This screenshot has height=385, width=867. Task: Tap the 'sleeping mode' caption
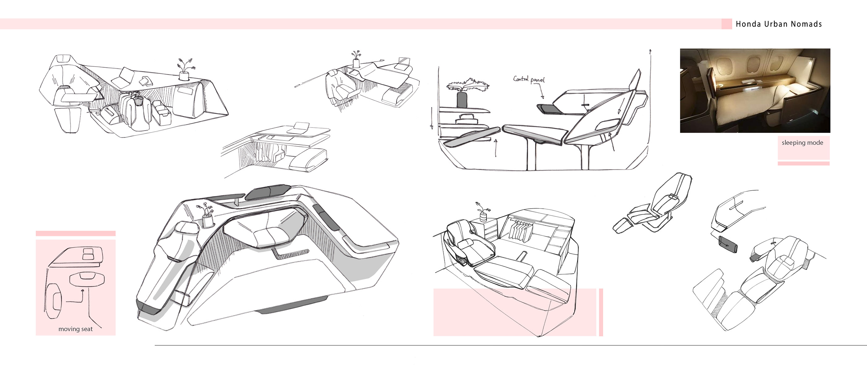pos(802,143)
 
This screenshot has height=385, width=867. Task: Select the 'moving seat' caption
pos(75,329)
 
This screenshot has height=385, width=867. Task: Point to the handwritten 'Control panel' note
pos(529,80)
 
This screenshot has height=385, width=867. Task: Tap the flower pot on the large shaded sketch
pos(207,220)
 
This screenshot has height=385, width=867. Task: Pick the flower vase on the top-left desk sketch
pos(184,76)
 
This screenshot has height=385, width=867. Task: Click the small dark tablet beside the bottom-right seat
pos(727,244)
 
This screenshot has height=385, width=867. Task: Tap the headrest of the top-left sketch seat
pos(63,58)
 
